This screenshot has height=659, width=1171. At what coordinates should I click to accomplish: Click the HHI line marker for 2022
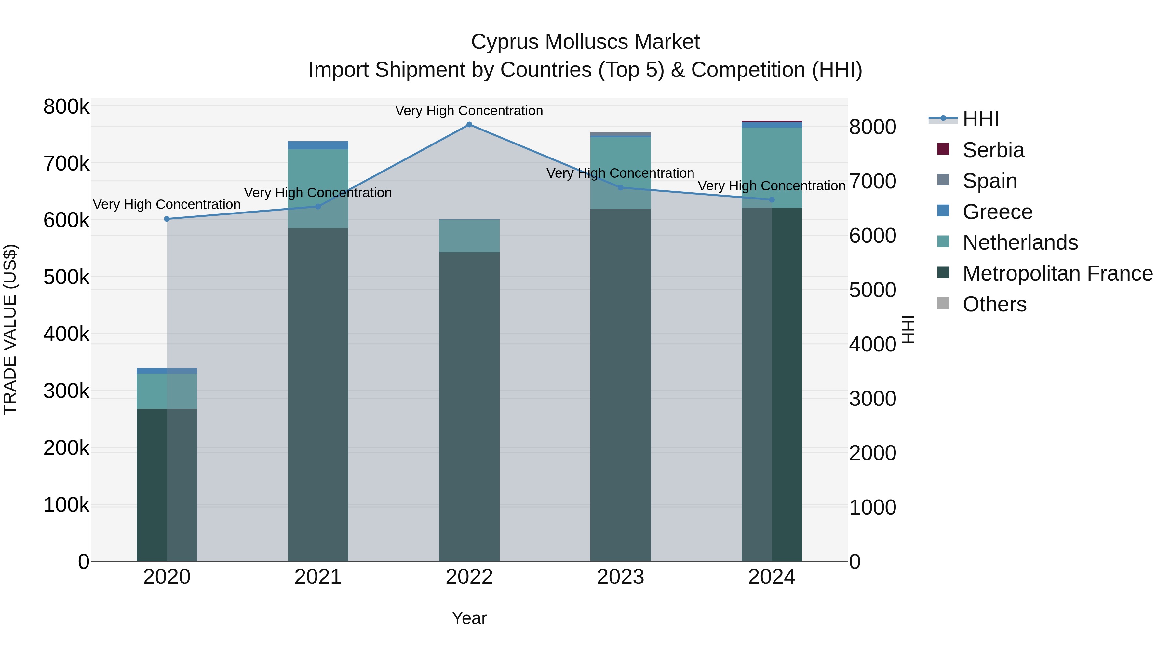click(x=469, y=125)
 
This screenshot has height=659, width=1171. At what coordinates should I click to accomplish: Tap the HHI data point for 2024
click(x=772, y=200)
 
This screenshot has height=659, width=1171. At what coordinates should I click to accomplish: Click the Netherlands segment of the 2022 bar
click(x=469, y=236)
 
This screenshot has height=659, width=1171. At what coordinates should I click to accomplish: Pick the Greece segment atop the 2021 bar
click(x=318, y=145)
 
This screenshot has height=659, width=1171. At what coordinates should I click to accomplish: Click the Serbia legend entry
click(x=993, y=150)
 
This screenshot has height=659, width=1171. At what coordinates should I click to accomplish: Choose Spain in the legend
click(x=989, y=181)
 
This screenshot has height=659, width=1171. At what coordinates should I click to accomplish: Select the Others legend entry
click(x=994, y=304)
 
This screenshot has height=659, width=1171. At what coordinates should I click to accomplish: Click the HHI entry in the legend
click(x=980, y=119)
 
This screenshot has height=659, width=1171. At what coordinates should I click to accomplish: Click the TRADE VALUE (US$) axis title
click(x=10, y=329)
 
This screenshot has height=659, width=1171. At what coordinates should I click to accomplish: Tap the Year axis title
click(x=469, y=618)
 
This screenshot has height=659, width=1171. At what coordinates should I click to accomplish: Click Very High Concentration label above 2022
click(x=469, y=111)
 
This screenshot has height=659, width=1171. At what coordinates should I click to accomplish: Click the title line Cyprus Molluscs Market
click(x=585, y=42)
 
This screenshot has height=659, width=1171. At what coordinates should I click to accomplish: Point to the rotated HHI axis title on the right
click(x=908, y=329)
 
